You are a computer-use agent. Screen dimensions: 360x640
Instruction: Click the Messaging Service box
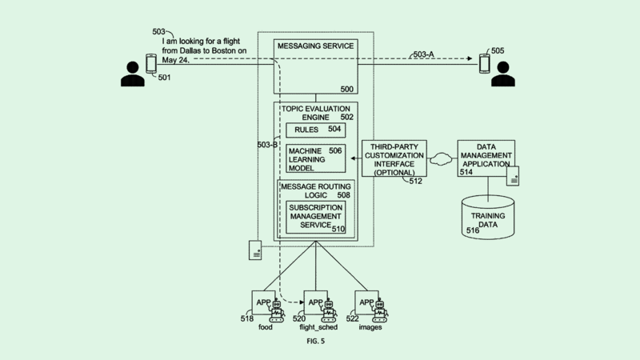click(314, 66)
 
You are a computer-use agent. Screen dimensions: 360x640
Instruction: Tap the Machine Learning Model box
click(315, 158)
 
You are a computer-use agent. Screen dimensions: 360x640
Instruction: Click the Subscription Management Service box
click(317, 216)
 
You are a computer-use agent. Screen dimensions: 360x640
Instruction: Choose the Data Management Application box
click(486, 158)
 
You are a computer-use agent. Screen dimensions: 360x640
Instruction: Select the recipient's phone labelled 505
click(484, 62)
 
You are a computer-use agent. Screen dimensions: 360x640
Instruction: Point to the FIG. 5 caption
click(315, 341)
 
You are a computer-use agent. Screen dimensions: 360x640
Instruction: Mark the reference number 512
click(415, 182)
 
